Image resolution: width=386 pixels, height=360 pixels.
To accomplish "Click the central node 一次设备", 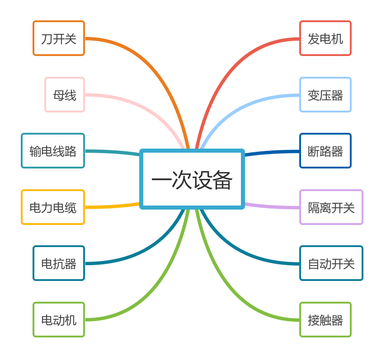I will click(192, 179).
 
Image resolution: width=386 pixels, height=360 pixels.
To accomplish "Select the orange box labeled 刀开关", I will click(59, 38).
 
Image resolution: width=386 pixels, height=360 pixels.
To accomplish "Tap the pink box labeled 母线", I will click(65, 95).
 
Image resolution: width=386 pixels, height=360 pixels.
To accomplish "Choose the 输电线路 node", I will click(53, 151).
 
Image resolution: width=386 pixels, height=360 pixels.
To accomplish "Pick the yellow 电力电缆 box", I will click(53, 207).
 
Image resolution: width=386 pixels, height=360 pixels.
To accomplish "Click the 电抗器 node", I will click(59, 263).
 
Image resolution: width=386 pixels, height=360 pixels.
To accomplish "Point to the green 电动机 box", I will click(59, 320).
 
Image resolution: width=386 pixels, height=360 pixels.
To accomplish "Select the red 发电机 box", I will click(325, 38).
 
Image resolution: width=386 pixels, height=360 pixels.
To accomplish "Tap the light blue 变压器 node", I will click(325, 95).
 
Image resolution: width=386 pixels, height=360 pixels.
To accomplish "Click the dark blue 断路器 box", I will click(325, 151).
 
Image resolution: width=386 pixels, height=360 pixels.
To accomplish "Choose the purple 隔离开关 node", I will click(331, 207).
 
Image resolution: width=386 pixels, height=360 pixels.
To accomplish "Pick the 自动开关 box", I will click(331, 263).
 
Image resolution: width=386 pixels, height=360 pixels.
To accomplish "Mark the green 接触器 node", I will click(325, 320).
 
